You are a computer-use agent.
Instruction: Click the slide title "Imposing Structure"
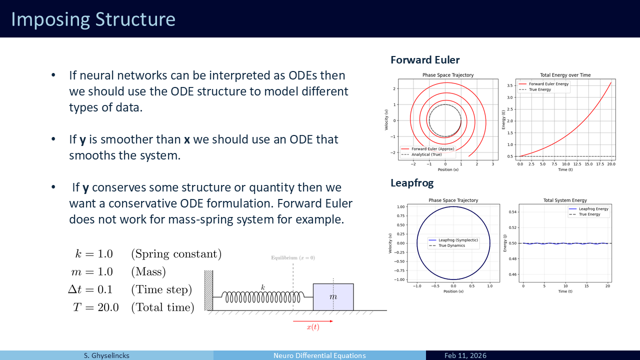[93, 19]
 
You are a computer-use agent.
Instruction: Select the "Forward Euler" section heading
[425, 60]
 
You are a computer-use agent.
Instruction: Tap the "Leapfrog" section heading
[412, 183]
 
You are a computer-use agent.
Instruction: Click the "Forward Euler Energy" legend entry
[548, 84]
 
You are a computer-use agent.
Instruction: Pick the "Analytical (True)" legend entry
[426, 154]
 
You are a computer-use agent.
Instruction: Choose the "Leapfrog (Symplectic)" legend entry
[458, 240]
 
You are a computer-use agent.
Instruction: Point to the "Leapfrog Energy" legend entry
[593, 209]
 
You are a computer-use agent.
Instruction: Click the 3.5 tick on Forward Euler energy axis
[509, 85]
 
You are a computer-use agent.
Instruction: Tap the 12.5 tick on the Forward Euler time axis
[577, 164]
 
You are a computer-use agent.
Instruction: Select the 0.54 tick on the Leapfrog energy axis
[512, 212]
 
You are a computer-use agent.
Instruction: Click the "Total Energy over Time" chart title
[565, 75]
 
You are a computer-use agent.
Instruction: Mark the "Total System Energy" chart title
[565, 200]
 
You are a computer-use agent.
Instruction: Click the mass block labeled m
[333, 297]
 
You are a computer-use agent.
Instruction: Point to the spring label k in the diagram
[263, 287]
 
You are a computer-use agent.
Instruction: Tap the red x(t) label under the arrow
[313, 327]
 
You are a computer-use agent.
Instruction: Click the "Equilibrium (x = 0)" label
[293, 257]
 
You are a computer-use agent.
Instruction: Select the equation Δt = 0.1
[90, 289]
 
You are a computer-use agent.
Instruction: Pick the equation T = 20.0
[95, 307]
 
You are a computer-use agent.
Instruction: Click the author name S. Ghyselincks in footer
[106, 355]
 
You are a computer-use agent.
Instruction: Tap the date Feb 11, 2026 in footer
[465, 355]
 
